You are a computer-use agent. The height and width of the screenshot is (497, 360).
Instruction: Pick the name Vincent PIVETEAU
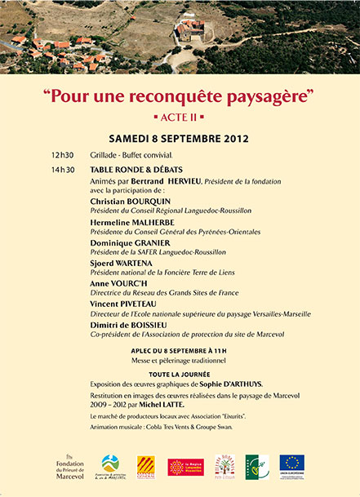point(125,304)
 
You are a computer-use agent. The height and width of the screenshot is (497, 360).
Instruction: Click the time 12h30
point(62,154)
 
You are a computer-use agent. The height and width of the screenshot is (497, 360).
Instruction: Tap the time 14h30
point(62,170)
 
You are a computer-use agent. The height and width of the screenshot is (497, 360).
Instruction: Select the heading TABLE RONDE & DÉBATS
point(136,170)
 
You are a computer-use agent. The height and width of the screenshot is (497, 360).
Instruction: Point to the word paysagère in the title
point(263,95)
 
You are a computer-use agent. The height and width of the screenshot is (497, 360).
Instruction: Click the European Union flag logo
point(291,464)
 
